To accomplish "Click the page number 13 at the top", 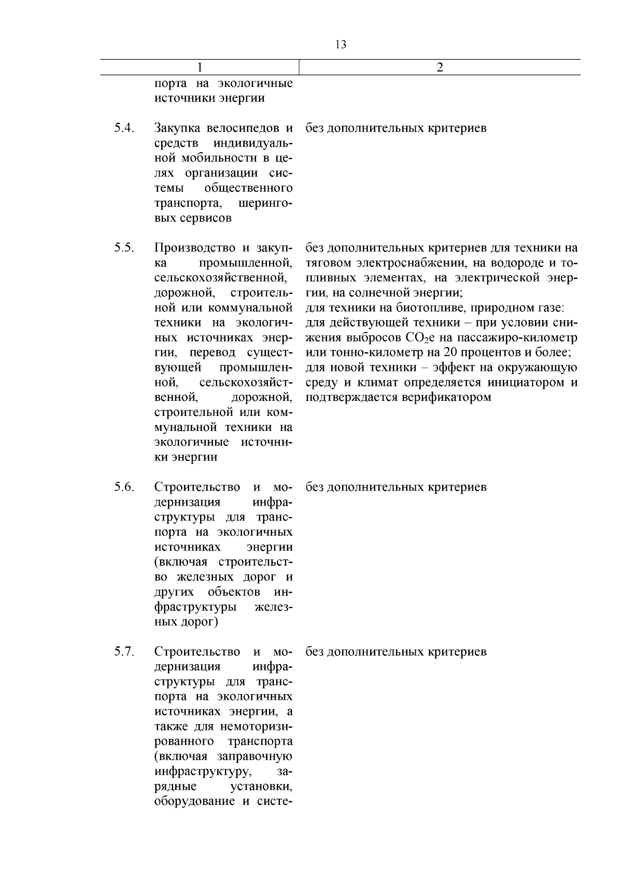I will point(341,45).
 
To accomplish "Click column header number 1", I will point(200,67).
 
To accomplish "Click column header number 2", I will point(440,67).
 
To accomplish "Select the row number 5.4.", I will point(124,127).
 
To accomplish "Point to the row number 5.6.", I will point(124,487).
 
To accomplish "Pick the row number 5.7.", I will point(124,651).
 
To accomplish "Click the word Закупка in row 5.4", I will point(178,127).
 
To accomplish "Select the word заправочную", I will point(256,756).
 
